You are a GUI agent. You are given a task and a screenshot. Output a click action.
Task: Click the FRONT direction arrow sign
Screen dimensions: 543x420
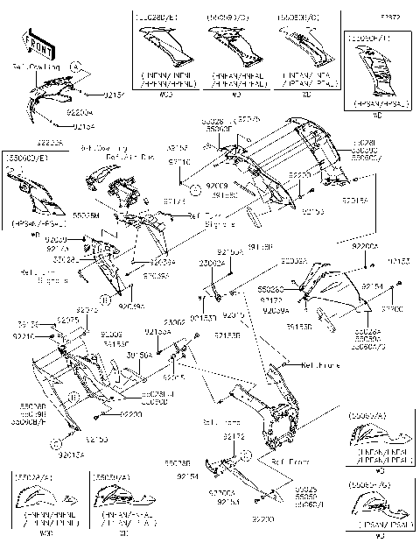(x=34, y=43)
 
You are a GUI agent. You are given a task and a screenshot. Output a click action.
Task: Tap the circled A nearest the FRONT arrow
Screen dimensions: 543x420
(x=75, y=66)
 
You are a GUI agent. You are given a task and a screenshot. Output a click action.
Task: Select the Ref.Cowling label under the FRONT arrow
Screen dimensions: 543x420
(x=36, y=67)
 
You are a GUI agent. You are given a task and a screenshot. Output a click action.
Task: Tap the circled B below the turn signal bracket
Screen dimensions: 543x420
(x=106, y=300)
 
